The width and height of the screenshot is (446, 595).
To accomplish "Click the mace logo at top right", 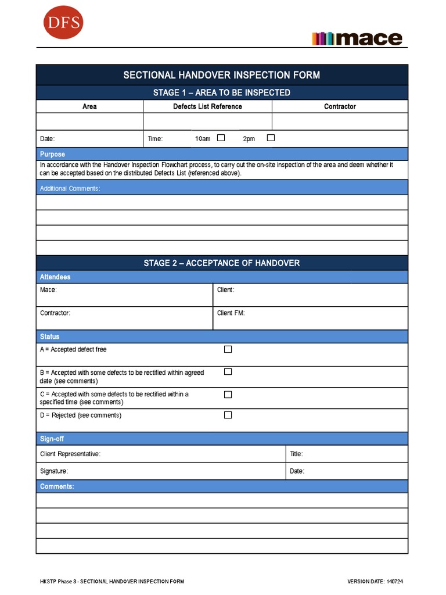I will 357,38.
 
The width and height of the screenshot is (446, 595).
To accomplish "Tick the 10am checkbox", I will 221,138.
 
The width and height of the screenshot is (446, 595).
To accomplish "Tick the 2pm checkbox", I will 271,138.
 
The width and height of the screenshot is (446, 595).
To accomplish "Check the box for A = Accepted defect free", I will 228,349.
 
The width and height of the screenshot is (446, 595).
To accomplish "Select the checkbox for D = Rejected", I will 228,415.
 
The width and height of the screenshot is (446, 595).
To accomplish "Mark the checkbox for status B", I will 228,372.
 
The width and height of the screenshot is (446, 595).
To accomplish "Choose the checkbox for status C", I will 228,395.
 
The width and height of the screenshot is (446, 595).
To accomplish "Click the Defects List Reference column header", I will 207,106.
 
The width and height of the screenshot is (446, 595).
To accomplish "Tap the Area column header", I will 89,106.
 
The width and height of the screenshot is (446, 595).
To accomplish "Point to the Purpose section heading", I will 52,155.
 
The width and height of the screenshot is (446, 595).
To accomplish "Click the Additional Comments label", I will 70,188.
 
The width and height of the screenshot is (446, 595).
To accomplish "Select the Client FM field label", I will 231,313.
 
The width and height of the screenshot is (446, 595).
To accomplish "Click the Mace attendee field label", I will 48,290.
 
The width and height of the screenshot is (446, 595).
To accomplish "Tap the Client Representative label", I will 70,454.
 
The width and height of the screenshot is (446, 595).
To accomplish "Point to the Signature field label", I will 53,471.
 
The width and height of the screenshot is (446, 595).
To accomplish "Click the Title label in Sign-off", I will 296,454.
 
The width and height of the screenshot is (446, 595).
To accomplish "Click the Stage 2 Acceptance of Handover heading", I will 221,263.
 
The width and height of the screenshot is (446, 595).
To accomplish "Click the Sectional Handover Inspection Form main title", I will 221,75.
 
